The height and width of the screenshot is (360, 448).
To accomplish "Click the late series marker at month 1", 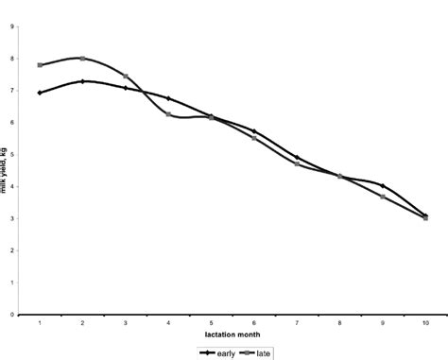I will [40, 65].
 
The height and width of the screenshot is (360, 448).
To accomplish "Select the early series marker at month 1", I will [40, 93].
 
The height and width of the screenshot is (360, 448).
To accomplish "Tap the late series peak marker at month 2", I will [83, 59].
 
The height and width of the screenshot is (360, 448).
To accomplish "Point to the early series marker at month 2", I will [83, 81].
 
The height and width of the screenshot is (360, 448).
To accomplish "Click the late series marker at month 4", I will [168, 114].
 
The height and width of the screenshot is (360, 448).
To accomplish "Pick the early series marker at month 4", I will [168, 98].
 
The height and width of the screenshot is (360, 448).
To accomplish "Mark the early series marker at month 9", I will [383, 185].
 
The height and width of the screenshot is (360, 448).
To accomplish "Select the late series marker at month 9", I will [383, 197].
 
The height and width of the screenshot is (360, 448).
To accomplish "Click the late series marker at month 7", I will [297, 163].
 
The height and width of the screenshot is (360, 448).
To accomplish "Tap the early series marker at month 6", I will [254, 131].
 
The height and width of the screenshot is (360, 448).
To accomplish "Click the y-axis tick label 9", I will [10, 27].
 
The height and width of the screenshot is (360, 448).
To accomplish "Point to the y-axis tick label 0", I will [10, 315].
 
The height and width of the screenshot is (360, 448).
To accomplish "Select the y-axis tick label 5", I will [10, 155].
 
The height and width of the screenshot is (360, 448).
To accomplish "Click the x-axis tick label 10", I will [425, 323].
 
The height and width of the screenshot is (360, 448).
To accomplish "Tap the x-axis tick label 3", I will [126, 323].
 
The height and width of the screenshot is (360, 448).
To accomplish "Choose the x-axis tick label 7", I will [297, 323].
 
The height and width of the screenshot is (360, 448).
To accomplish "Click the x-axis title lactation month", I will [232, 335].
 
